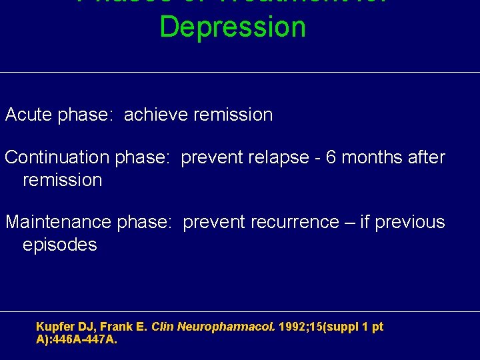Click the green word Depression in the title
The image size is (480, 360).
233,27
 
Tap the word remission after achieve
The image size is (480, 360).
233,115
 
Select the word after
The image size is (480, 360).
426,158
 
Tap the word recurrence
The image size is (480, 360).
297,222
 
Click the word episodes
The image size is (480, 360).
60,245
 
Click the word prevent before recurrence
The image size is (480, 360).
214,222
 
